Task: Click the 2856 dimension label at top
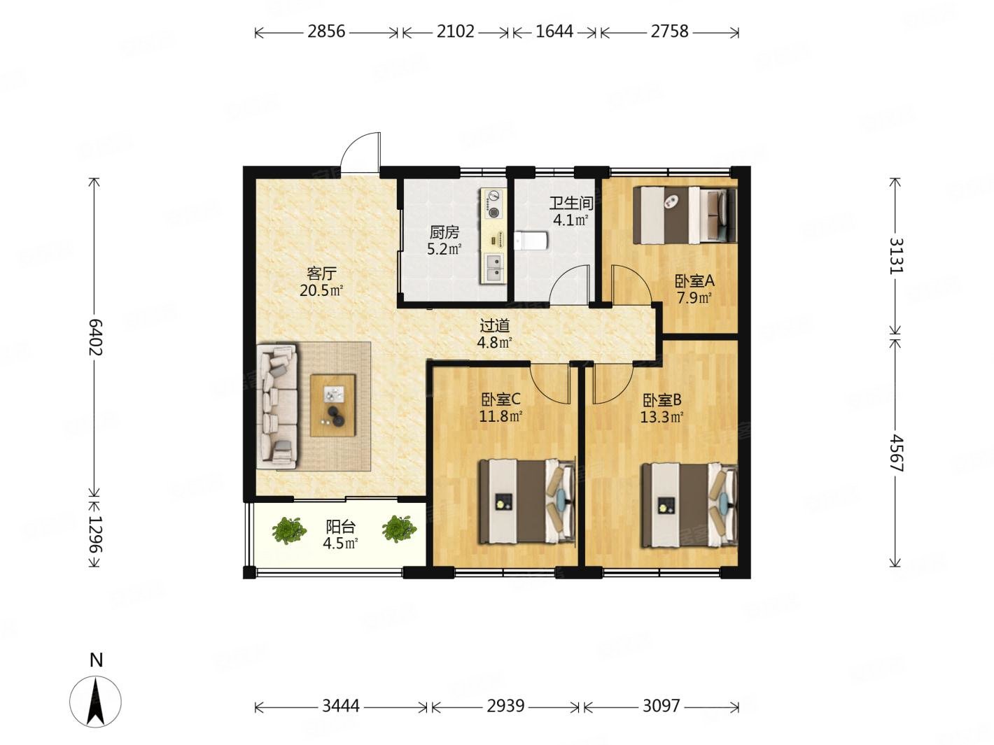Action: click(326, 31)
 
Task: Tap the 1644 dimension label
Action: click(554, 31)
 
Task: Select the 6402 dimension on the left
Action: click(95, 337)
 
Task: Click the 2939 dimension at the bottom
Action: click(505, 706)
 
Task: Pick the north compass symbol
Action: click(96, 700)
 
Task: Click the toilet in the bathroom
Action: click(530, 241)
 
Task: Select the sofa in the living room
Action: click(279, 406)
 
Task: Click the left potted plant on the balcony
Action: click(289, 530)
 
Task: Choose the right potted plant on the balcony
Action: click(400, 529)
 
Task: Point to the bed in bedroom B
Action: click(689, 504)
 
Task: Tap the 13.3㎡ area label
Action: click(661, 418)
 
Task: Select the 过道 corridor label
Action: click(494, 325)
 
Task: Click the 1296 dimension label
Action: click(95, 541)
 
